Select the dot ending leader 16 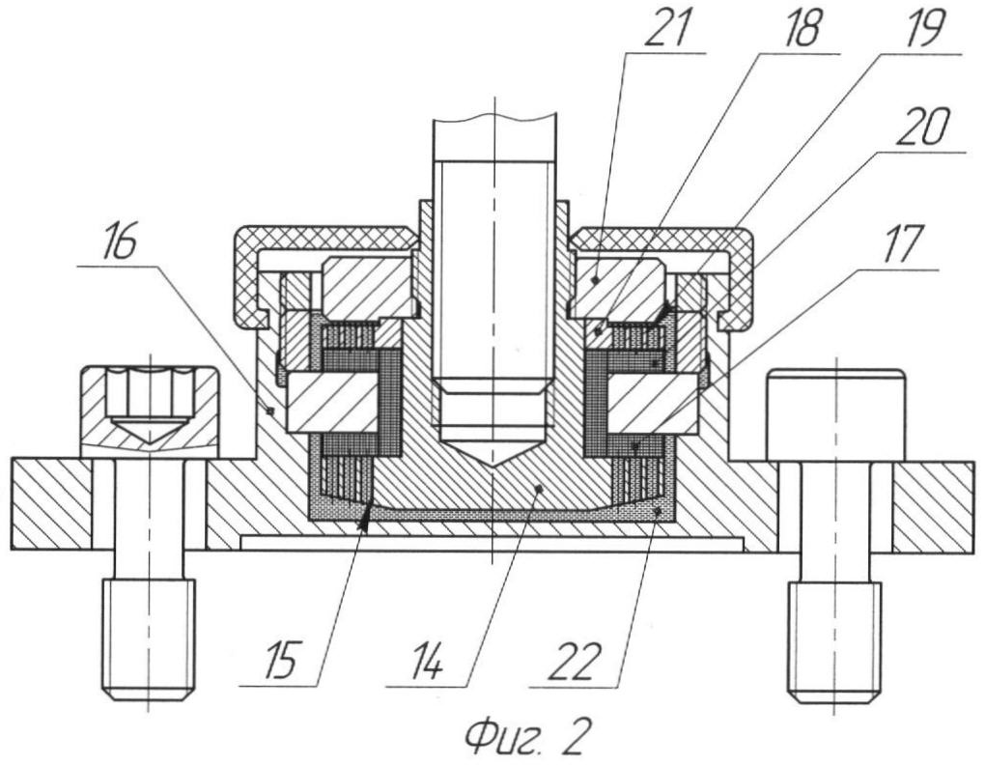pyautogui.click(x=271, y=410)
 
